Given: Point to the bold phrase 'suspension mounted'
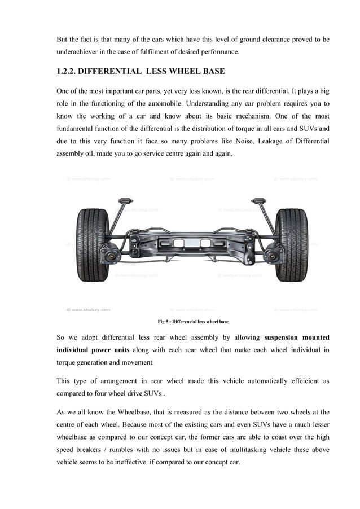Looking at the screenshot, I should point(297,337).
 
